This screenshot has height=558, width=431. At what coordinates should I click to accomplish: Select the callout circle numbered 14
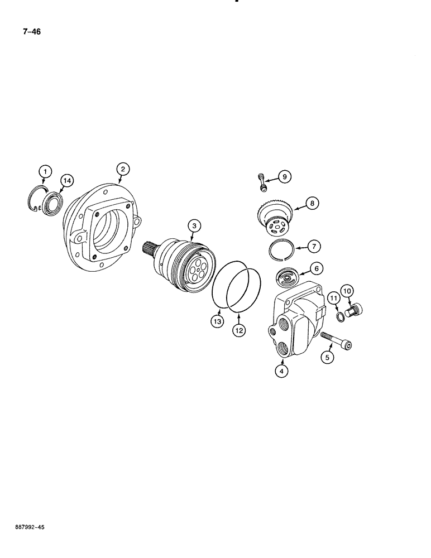point(66,180)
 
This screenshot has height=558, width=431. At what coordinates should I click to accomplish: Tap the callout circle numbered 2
point(123,168)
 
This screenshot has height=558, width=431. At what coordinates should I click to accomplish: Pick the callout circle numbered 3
point(194,226)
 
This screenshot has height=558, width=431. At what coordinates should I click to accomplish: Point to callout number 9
point(284,177)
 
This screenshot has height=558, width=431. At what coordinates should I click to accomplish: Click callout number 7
point(315,246)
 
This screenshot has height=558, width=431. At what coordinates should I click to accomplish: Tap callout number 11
point(333,300)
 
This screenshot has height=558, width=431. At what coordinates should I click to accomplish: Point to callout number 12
point(239,330)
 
